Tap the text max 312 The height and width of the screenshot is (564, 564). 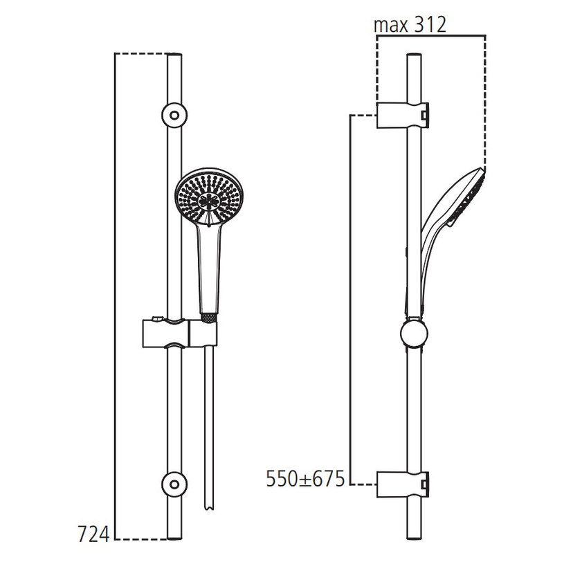[x=410, y=25]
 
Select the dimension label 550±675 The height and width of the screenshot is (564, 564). [x=305, y=479]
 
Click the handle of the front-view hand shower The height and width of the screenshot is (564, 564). [x=210, y=270]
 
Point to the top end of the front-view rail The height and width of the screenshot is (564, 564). [x=174, y=57]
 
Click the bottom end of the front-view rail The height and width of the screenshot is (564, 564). [x=174, y=534]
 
